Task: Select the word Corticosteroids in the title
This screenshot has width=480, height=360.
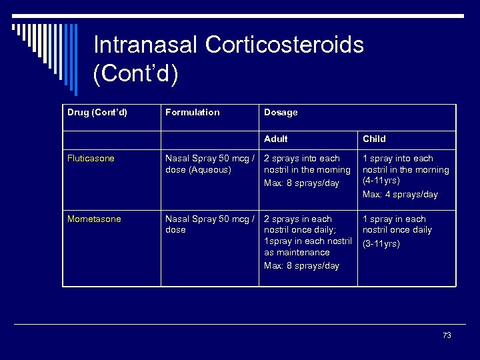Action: click(285, 45)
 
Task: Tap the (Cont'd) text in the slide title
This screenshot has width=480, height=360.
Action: click(136, 73)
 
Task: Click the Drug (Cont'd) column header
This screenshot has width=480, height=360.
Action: click(97, 112)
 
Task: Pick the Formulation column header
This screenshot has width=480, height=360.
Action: click(192, 112)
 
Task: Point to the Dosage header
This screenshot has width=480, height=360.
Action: click(281, 112)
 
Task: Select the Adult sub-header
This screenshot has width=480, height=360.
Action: click(276, 139)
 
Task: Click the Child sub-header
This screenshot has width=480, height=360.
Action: click(374, 139)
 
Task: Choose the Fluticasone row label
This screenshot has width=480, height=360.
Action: click(91, 159)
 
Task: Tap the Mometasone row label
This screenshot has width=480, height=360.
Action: click(94, 219)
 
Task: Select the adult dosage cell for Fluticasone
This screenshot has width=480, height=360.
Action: click(307, 170)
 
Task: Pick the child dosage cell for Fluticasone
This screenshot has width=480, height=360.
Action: click(405, 176)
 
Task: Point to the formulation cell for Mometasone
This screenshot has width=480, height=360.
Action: click(209, 224)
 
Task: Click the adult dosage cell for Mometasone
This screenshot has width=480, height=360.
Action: click(307, 241)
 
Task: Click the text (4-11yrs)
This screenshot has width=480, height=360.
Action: click(381, 181)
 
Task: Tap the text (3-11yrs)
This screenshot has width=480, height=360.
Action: click(381, 244)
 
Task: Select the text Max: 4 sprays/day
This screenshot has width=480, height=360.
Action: click(400, 194)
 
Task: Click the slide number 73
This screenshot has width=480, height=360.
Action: click(447, 335)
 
